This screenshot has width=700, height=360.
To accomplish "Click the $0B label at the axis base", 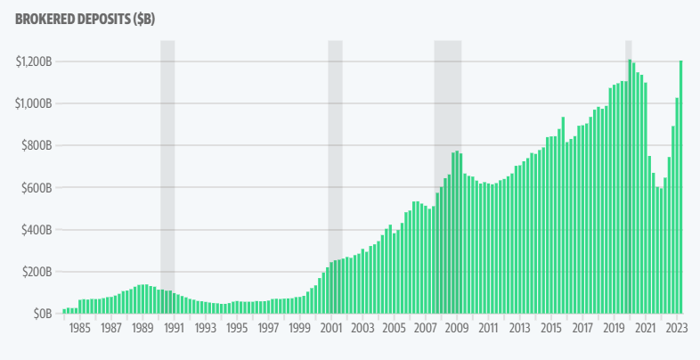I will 41,314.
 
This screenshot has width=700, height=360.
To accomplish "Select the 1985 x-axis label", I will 79,328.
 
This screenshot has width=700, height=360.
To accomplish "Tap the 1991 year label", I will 173,328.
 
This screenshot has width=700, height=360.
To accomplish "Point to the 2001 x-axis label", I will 330,328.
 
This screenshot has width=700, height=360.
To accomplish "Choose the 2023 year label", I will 676,328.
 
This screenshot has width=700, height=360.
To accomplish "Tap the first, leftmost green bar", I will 64,311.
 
